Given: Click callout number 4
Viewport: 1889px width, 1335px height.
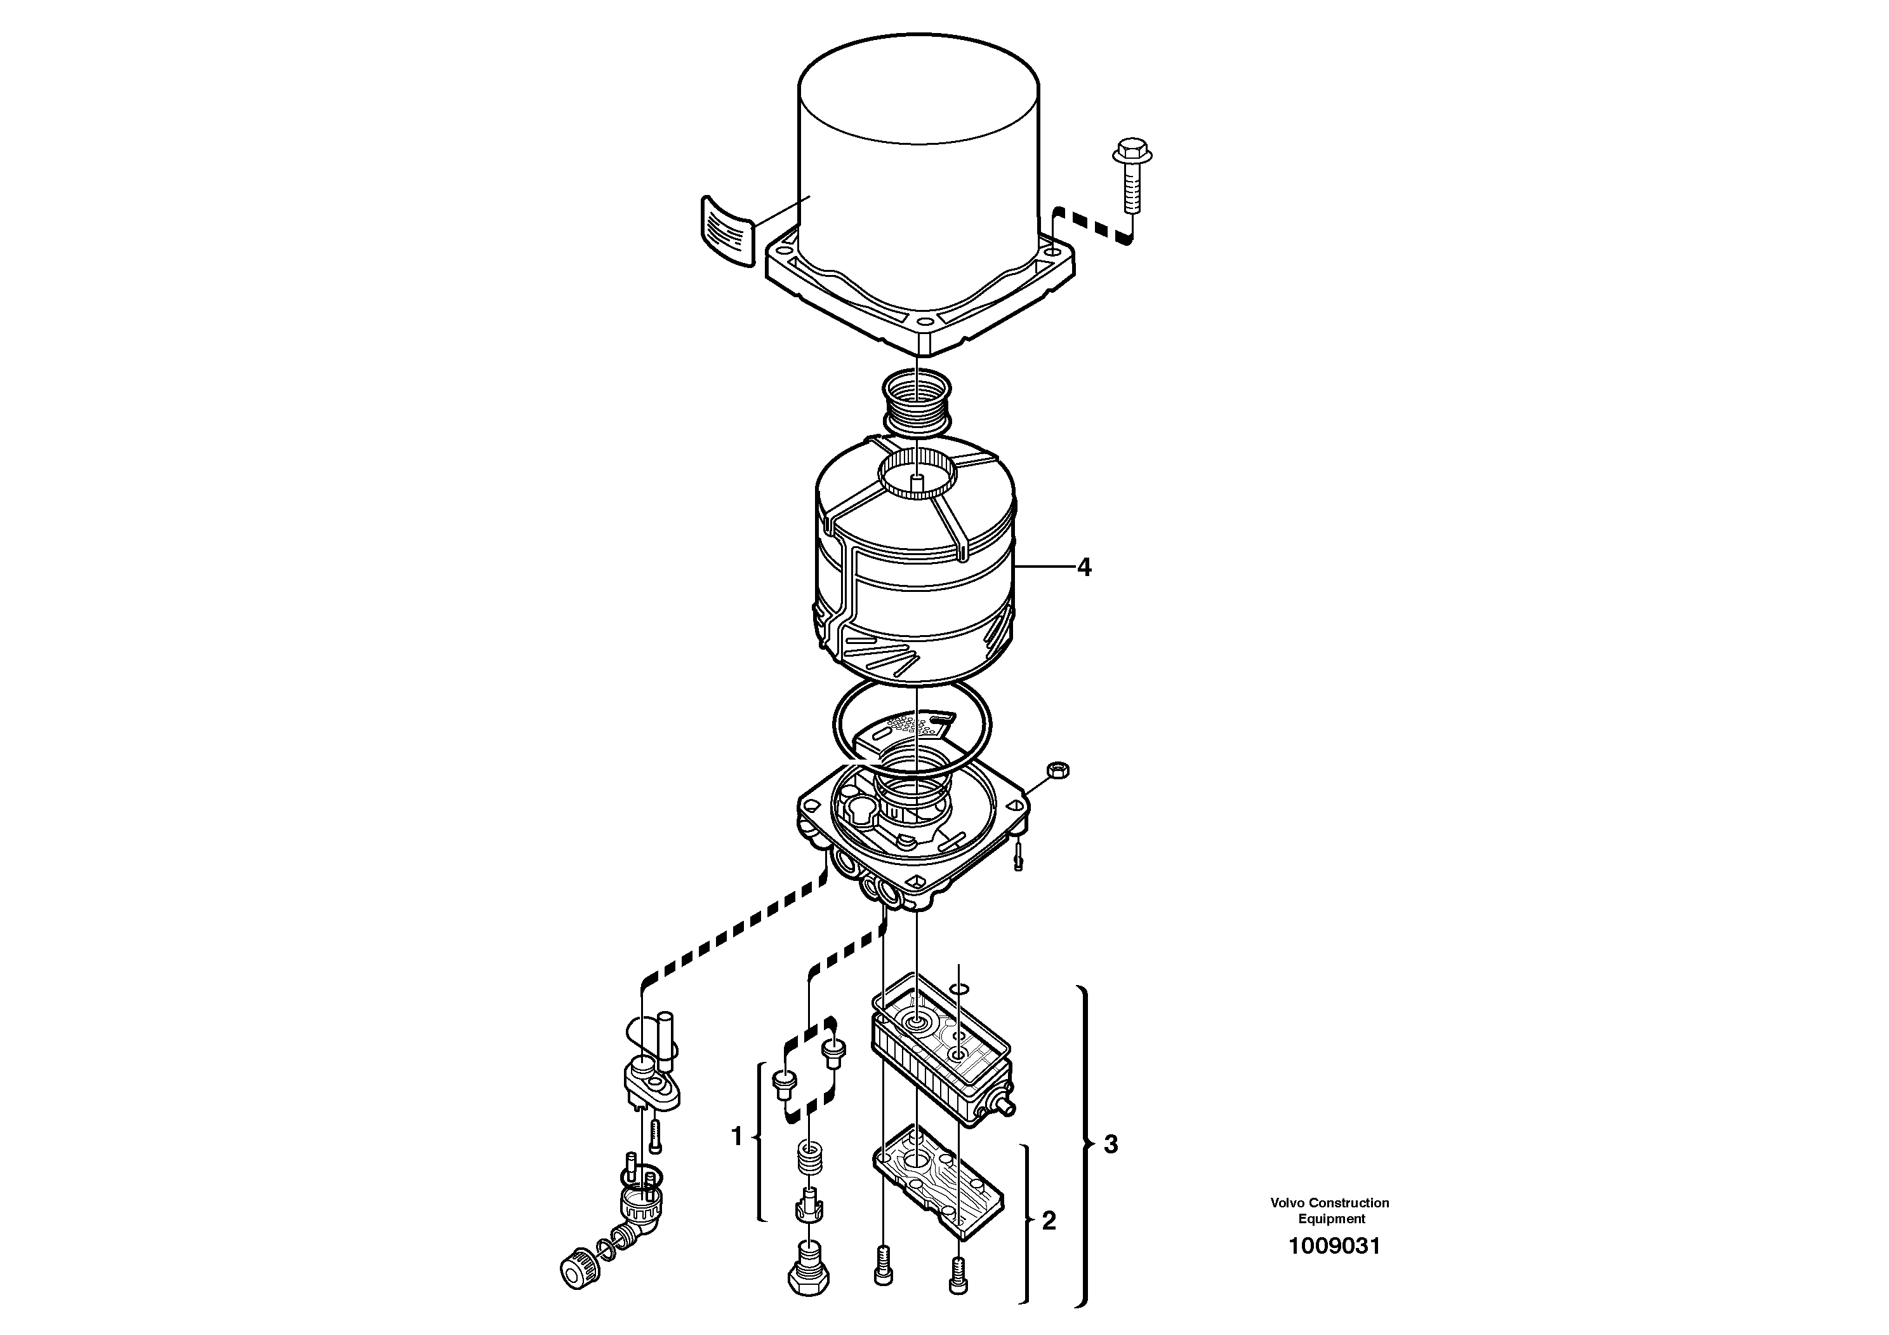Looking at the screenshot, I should pyautogui.click(x=1084, y=567).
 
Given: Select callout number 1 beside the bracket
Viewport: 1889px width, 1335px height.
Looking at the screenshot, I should pyautogui.click(x=736, y=1137).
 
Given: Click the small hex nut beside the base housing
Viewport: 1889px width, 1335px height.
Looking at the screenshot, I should pyautogui.click(x=1058, y=770).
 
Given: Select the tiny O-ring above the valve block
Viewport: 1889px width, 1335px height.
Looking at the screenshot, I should pyautogui.click(x=959, y=988).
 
